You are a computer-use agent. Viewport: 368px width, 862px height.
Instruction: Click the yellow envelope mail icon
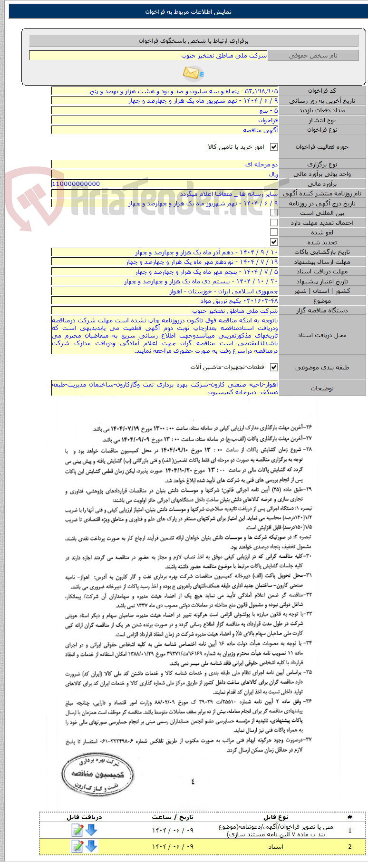[193, 73]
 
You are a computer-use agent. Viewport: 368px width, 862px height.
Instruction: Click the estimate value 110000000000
[76, 184]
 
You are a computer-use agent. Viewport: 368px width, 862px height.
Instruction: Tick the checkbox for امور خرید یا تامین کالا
[274, 147]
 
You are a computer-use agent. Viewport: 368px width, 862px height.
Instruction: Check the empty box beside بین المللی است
[274, 213]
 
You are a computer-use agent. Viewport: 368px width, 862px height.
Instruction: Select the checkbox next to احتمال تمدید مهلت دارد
[274, 223]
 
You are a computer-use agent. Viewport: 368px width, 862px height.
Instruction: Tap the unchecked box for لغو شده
[274, 232]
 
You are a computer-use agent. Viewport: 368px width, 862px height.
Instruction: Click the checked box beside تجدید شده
[274, 242]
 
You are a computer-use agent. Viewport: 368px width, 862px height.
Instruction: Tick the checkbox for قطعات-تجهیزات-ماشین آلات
[274, 367]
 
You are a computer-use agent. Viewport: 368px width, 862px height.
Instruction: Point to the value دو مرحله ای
[261, 165]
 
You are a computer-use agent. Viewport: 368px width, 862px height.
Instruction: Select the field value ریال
[273, 174]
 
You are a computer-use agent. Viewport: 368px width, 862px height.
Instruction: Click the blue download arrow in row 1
[91, 830]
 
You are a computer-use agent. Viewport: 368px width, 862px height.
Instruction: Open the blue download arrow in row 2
[91, 846]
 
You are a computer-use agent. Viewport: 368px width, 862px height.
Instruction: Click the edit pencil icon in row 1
[77, 830]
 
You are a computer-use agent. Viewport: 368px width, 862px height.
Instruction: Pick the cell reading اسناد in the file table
[276, 846]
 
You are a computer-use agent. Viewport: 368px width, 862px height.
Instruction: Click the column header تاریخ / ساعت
[173, 817]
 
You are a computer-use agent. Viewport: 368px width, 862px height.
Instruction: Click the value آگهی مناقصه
[261, 130]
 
